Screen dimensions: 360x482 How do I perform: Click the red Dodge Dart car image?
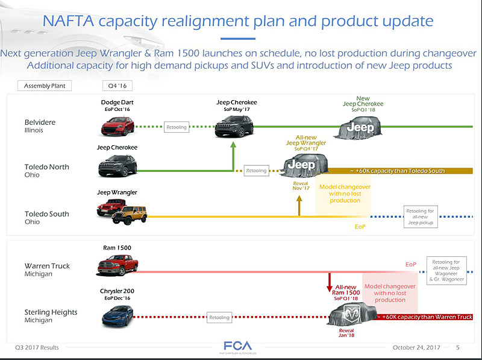tap(117, 126)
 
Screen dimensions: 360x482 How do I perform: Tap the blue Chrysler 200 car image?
tap(117, 315)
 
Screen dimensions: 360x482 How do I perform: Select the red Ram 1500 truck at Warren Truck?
tap(118, 265)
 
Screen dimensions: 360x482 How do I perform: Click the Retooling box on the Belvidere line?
tap(177, 127)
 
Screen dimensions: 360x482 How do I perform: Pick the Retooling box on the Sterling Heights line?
tap(219, 317)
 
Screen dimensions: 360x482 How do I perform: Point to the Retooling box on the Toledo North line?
tap(256, 171)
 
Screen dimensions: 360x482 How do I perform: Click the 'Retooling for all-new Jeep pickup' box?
tap(421, 217)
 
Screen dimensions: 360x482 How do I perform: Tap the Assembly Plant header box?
tap(45, 86)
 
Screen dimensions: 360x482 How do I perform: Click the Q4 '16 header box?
tap(116, 86)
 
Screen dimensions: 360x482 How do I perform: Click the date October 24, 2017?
tap(416, 347)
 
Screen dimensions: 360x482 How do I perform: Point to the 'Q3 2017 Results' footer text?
tap(37, 348)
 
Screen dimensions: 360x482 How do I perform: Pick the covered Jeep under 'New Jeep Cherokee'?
tap(360, 127)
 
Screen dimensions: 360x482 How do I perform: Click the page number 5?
tap(458, 347)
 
